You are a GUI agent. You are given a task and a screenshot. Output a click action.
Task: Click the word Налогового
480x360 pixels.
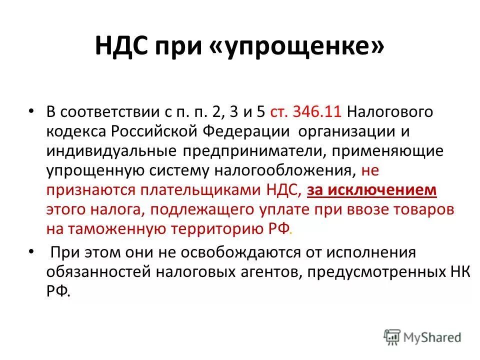click(389, 112)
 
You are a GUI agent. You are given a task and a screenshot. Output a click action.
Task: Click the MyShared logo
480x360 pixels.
click(422, 337)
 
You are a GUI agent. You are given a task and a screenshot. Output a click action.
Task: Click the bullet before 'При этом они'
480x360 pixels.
click(32, 252)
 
